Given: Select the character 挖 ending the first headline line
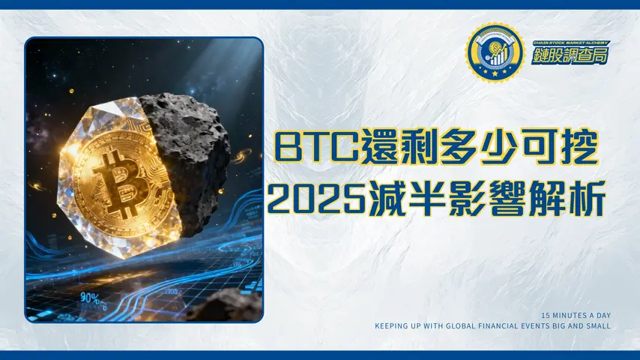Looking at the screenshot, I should (578, 147).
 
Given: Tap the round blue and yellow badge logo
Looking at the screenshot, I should (494, 53).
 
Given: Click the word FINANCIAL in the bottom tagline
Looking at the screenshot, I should (510, 326).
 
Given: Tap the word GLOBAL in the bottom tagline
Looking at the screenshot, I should (468, 326).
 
